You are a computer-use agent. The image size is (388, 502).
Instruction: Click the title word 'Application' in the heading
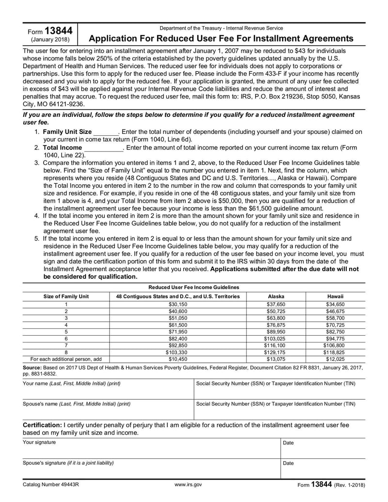tap(113, 38)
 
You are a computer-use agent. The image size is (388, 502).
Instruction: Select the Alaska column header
tap(276, 296)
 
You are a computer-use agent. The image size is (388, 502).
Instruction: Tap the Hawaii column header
tap(335, 296)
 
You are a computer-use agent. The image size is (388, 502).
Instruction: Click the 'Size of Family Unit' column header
tap(66, 296)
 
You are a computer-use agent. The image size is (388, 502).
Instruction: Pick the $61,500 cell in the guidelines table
tap(178, 325)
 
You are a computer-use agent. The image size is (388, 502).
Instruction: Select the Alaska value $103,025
tap(276, 339)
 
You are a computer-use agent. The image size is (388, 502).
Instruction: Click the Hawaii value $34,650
tap(335, 305)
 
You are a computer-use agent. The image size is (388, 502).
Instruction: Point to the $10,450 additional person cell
tap(178, 359)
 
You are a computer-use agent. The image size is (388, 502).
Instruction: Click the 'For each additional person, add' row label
tap(66, 359)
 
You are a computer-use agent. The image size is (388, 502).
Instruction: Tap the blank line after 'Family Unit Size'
tap(105, 132)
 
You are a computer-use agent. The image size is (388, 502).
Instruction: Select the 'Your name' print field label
tap(72, 384)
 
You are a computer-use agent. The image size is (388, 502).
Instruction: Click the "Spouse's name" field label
tap(77, 404)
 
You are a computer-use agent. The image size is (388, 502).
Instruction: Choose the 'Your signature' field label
tap(39, 442)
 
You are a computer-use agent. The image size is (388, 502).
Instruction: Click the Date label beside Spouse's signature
tap(288, 463)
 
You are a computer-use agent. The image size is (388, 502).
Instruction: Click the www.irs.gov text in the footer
tap(190, 485)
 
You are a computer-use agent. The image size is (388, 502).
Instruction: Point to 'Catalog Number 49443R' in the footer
tap(52, 485)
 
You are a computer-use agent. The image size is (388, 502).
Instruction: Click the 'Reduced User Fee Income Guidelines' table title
tap(194, 287)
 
